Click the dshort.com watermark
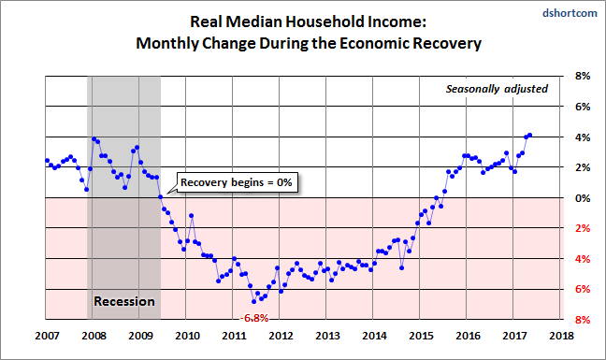click(x=570, y=13)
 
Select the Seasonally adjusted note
click(x=497, y=89)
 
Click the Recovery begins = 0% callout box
click(x=237, y=182)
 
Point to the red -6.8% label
click(x=254, y=318)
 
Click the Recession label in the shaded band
click(x=124, y=301)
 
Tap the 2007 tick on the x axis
click(x=47, y=336)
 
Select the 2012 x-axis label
click(x=281, y=336)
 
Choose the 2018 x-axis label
click(x=561, y=336)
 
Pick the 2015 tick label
click(x=421, y=336)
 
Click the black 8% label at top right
click(x=583, y=76)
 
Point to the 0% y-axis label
click(x=583, y=198)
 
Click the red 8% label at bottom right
click(x=583, y=320)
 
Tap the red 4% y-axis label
click(x=583, y=259)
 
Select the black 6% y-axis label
click(x=583, y=107)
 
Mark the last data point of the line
click(x=530, y=136)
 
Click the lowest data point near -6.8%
click(x=254, y=302)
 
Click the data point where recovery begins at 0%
click(x=161, y=197)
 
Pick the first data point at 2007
click(x=47, y=160)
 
